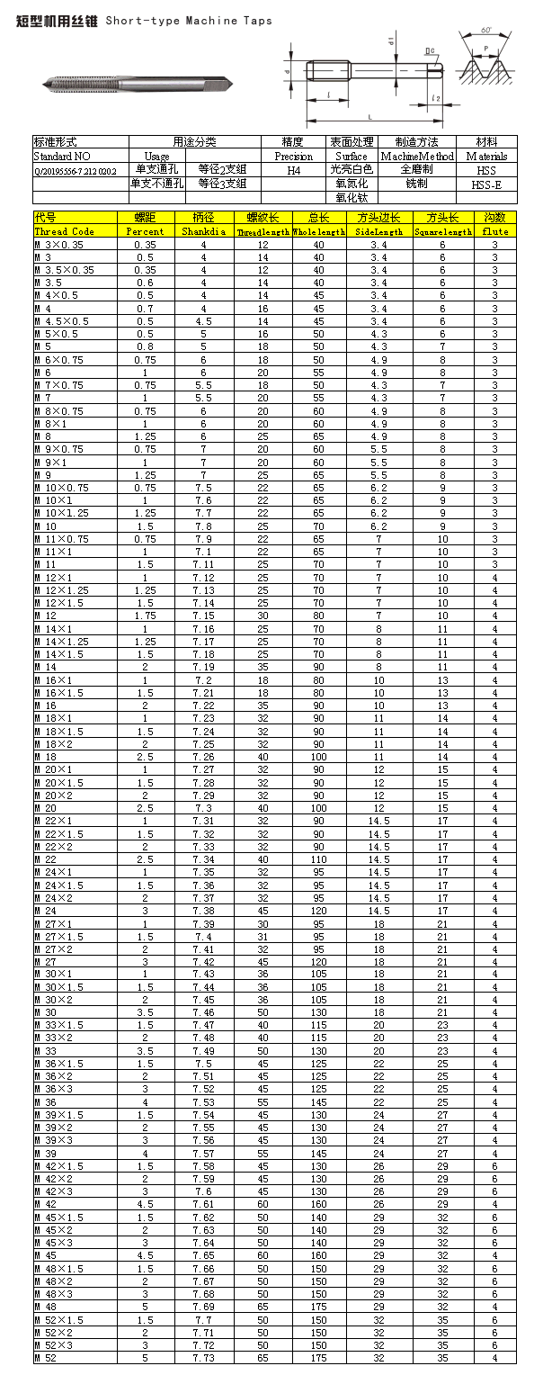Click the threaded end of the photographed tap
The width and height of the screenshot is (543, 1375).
(x=72, y=85)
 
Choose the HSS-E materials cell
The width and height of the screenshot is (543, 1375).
(x=486, y=184)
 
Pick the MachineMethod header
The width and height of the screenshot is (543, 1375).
(x=417, y=156)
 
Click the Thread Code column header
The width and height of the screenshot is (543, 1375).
(x=64, y=231)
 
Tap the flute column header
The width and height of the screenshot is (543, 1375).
(x=494, y=231)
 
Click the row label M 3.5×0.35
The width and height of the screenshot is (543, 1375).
(x=64, y=270)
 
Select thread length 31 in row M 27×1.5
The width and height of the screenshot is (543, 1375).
(x=263, y=937)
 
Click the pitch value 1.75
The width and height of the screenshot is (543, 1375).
(x=145, y=615)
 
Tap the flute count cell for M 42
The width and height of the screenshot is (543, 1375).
(x=494, y=1204)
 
